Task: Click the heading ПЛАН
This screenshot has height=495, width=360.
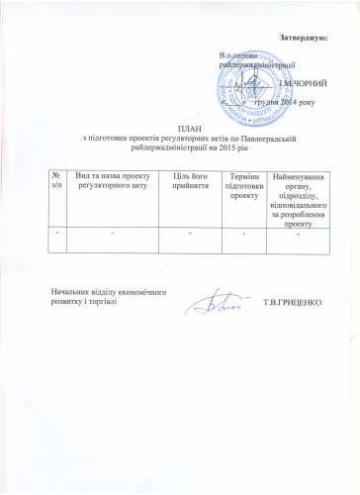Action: pos(187,131)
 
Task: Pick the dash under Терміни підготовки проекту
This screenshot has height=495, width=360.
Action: pos(243,233)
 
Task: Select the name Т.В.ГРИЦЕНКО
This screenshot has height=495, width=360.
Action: pos(296,301)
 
